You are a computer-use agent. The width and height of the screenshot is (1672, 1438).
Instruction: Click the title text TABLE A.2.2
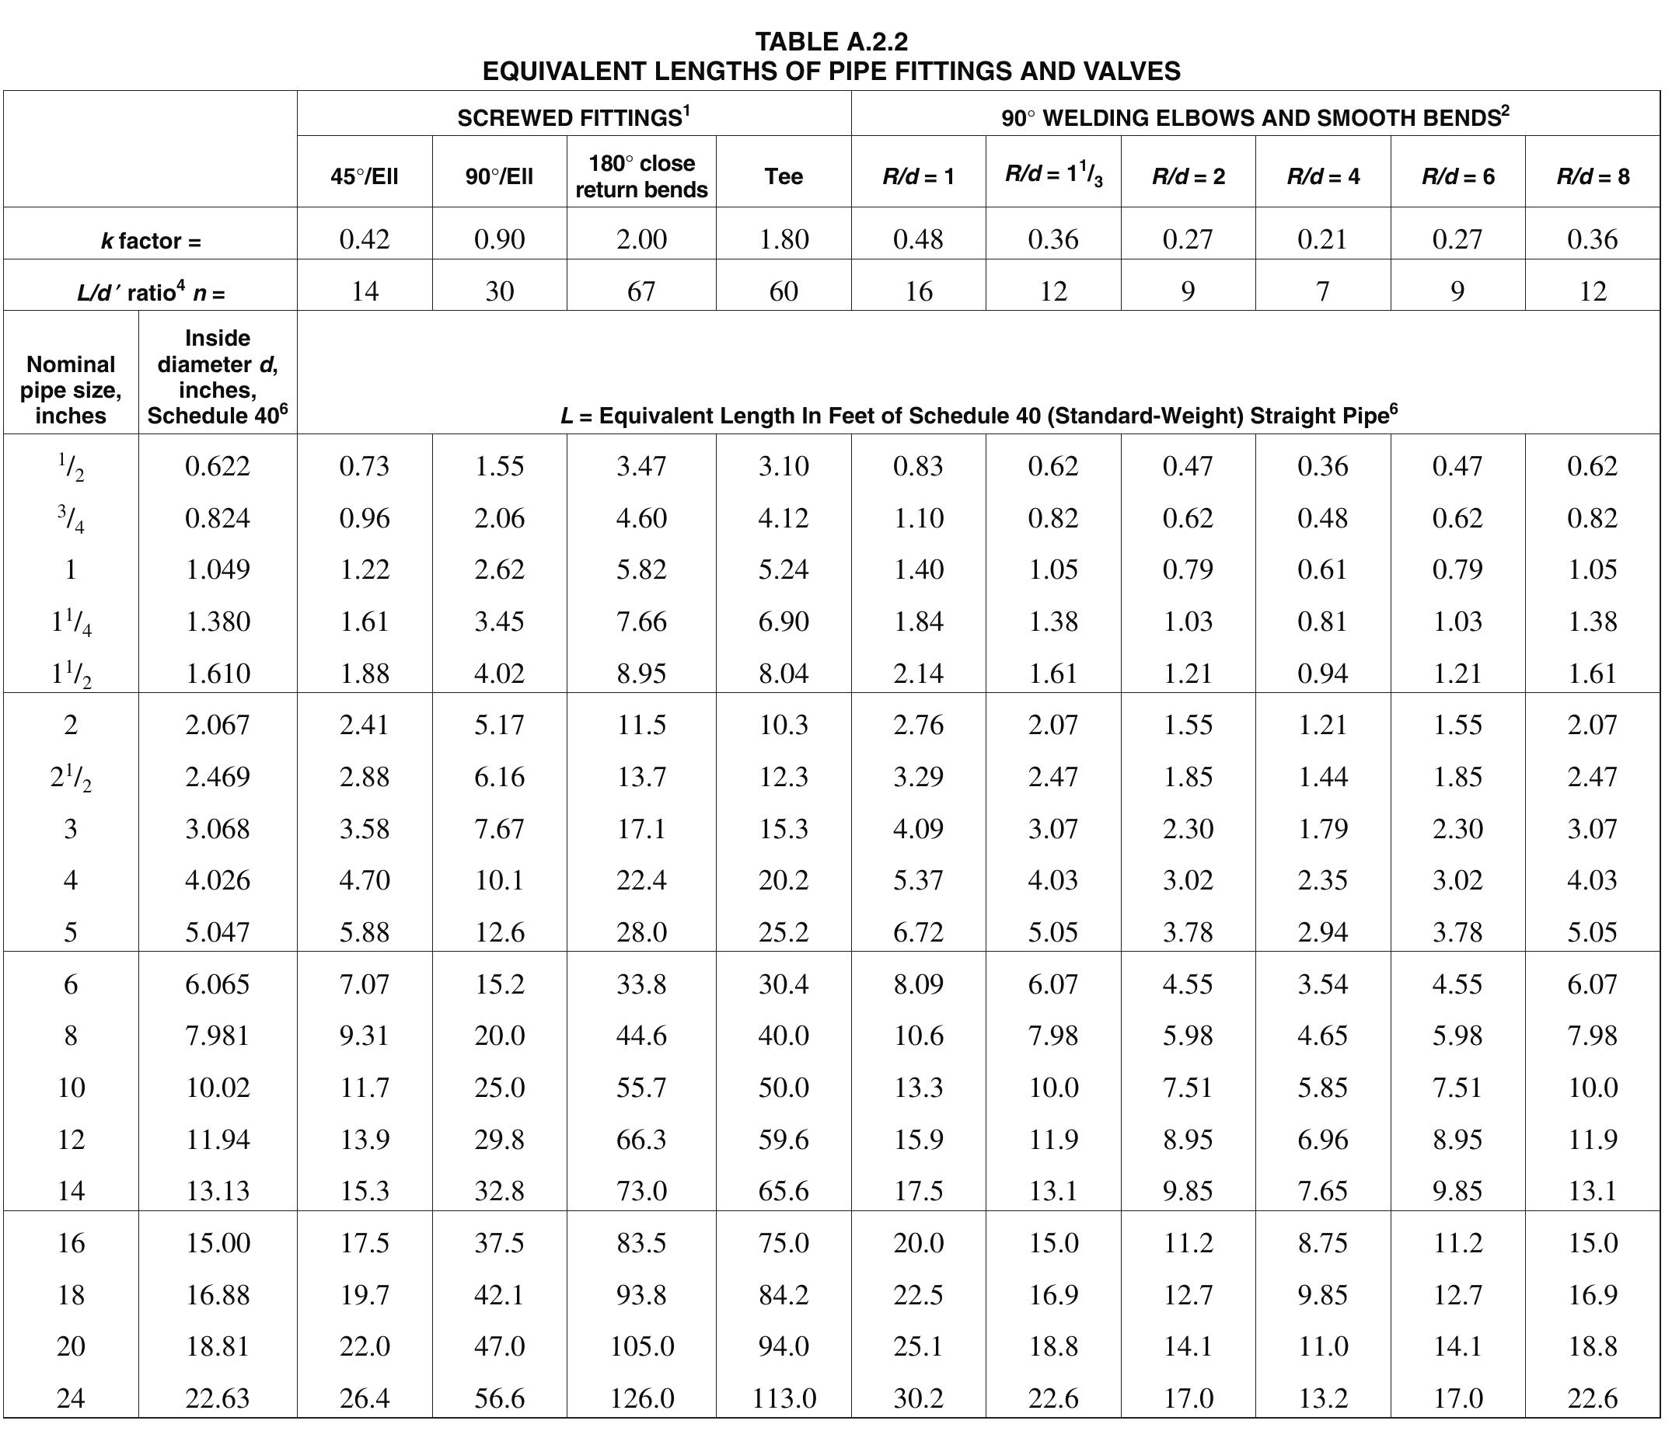(x=831, y=41)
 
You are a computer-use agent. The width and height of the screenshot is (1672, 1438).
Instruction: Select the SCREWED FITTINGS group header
(x=573, y=118)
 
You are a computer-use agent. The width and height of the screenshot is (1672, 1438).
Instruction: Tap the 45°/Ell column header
(x=365, y=176)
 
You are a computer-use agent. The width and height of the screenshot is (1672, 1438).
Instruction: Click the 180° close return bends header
(x=641, y=176)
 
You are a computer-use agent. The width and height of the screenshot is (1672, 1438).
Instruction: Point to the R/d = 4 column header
(x=1322, y=176)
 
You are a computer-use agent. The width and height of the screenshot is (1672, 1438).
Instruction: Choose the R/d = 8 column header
(x=1592, y=176)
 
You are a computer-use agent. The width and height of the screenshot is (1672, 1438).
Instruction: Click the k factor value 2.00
(x=641, y=239)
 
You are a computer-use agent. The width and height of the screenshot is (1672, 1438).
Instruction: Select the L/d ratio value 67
(x=641, y=291)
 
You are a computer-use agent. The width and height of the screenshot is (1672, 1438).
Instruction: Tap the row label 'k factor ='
(x=151, y=241)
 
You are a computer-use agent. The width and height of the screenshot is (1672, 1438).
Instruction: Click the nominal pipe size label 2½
(x=71, y=778)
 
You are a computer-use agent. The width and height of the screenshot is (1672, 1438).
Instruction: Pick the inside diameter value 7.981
(x=217, y=1036)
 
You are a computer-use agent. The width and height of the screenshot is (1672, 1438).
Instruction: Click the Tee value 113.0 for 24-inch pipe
(x=784, y=1398)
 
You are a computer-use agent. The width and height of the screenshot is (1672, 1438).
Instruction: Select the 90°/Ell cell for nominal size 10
(x=500, y=1088)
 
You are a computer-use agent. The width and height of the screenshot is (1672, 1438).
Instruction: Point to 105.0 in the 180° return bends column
(x=641, y=1346)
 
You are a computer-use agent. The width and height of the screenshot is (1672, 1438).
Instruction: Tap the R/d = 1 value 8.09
(x=918, y=984)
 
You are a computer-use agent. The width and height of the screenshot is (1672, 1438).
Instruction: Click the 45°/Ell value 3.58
(x=365, y=829)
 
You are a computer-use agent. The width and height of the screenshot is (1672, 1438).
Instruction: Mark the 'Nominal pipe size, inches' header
(x=71, y=389)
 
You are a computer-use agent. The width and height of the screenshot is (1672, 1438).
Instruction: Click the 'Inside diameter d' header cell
(x=217, y=377)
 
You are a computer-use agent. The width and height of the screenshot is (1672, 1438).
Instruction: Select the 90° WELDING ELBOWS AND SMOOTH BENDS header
(x=1255, y=118)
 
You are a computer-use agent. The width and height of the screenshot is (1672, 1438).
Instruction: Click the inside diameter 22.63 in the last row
(x=217, y=1398)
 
